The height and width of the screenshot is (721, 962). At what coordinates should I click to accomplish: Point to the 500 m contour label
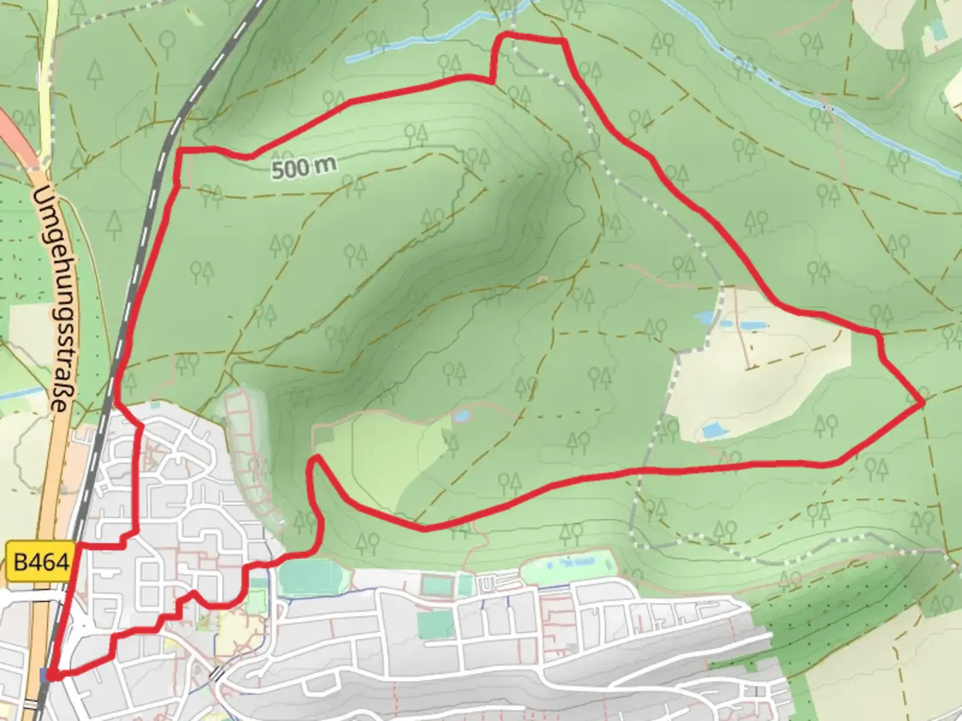(304, 167)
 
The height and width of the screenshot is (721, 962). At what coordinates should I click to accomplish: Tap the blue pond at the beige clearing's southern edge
(715, 431)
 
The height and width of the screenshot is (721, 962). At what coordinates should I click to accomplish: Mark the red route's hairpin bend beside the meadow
(314, 461)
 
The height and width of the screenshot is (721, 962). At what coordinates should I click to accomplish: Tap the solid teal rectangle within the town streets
(435, 625)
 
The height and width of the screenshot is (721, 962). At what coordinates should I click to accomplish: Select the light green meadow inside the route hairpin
(381, 461)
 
